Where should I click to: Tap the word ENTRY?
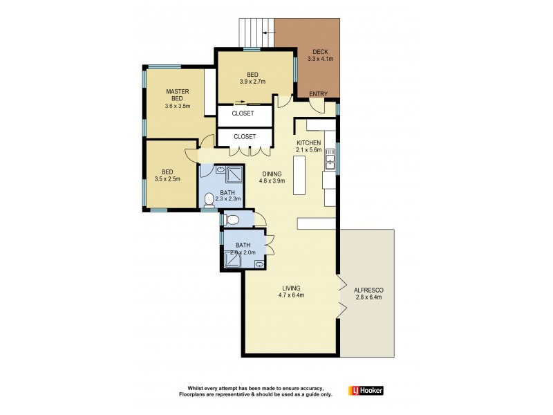coord(319,94)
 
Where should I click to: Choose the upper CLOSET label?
coord(243,113)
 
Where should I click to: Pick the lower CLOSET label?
coord(244,137)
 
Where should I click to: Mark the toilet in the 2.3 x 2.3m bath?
coord(210,201)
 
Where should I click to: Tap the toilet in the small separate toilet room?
coord(232,221)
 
